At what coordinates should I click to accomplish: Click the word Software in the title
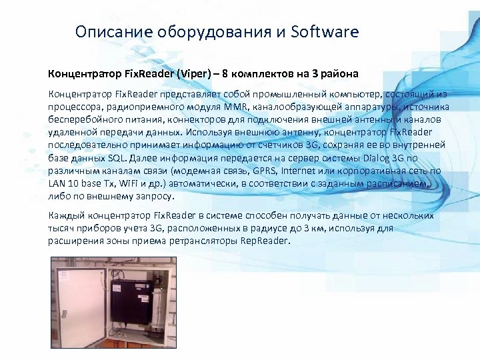click(x=325, y=32)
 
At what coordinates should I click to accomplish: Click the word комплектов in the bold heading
click(x=253, y=73)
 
